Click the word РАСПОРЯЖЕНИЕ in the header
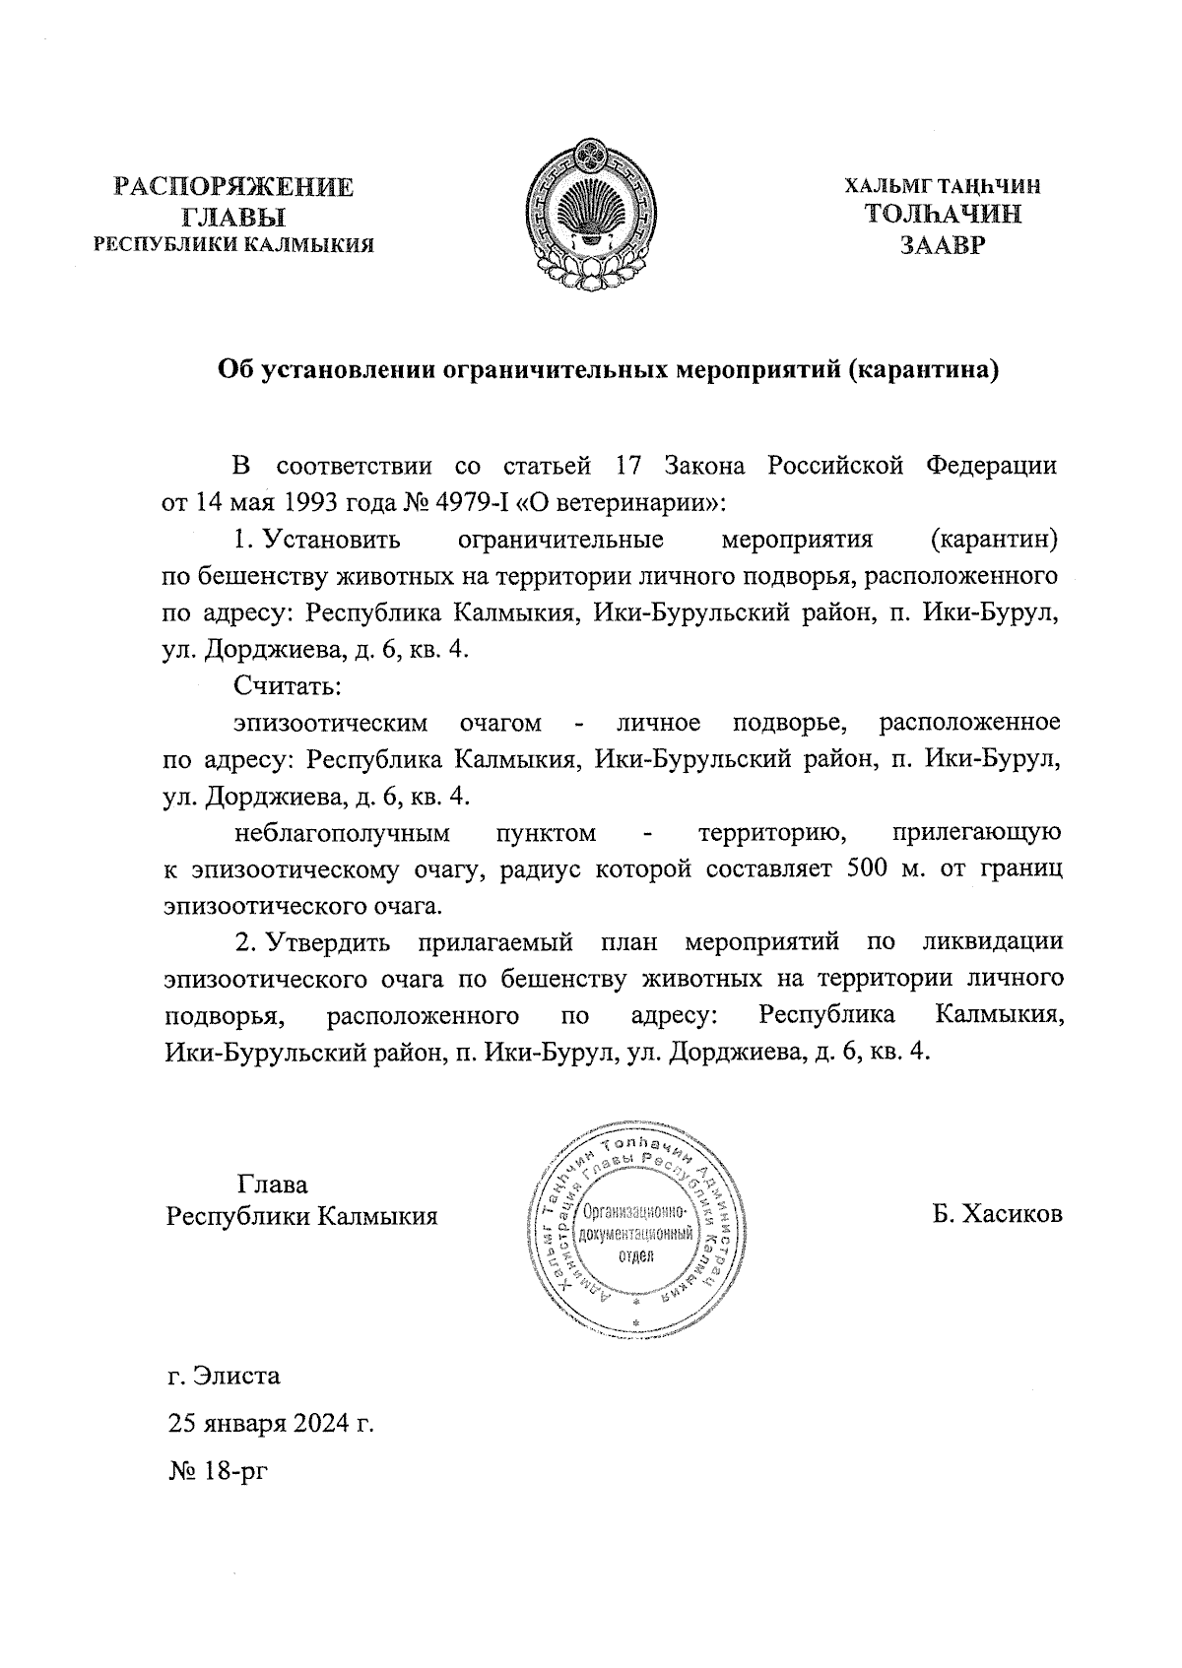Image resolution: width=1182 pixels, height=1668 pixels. coord(233,187)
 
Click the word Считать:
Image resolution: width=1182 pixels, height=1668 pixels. coord(289,685)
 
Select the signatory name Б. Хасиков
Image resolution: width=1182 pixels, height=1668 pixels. coord(997,1214)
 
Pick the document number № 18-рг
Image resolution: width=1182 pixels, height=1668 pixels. coord(218,1472)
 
